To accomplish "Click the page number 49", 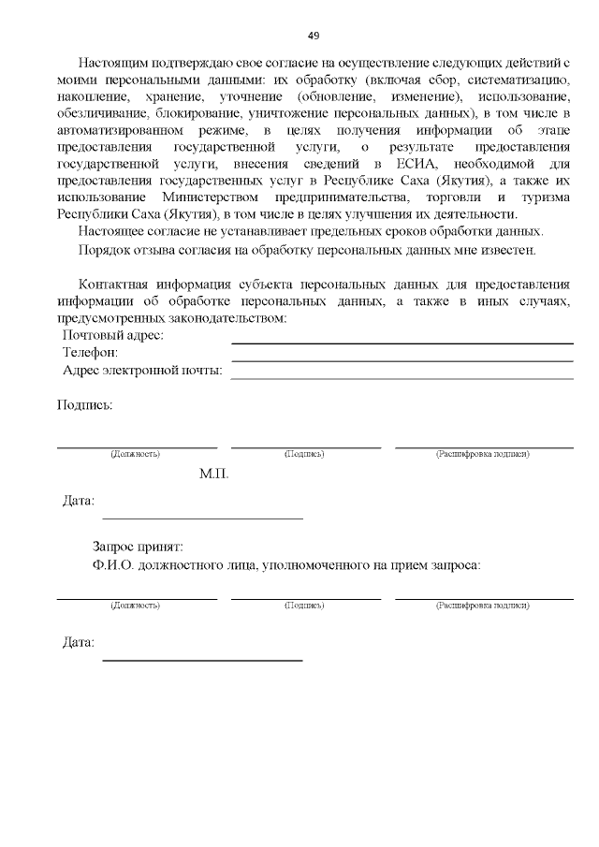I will pos(314,37).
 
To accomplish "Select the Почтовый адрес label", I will pos(112,335).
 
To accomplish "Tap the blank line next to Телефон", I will pos(402,359).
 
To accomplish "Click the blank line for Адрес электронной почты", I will pos(402,377).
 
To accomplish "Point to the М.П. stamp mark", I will pos(213,474).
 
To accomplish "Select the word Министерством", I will pos(213,197).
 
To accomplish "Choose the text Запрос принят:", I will pos(138,547).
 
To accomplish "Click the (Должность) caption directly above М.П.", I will pos(135,454).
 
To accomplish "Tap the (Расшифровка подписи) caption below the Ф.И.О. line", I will pos(482,606).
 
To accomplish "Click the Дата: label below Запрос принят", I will pos(78,643).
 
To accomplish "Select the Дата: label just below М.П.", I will pos(78,501).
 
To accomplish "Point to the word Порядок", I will pos(106,250).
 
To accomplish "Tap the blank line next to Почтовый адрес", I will pos(402,343).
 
